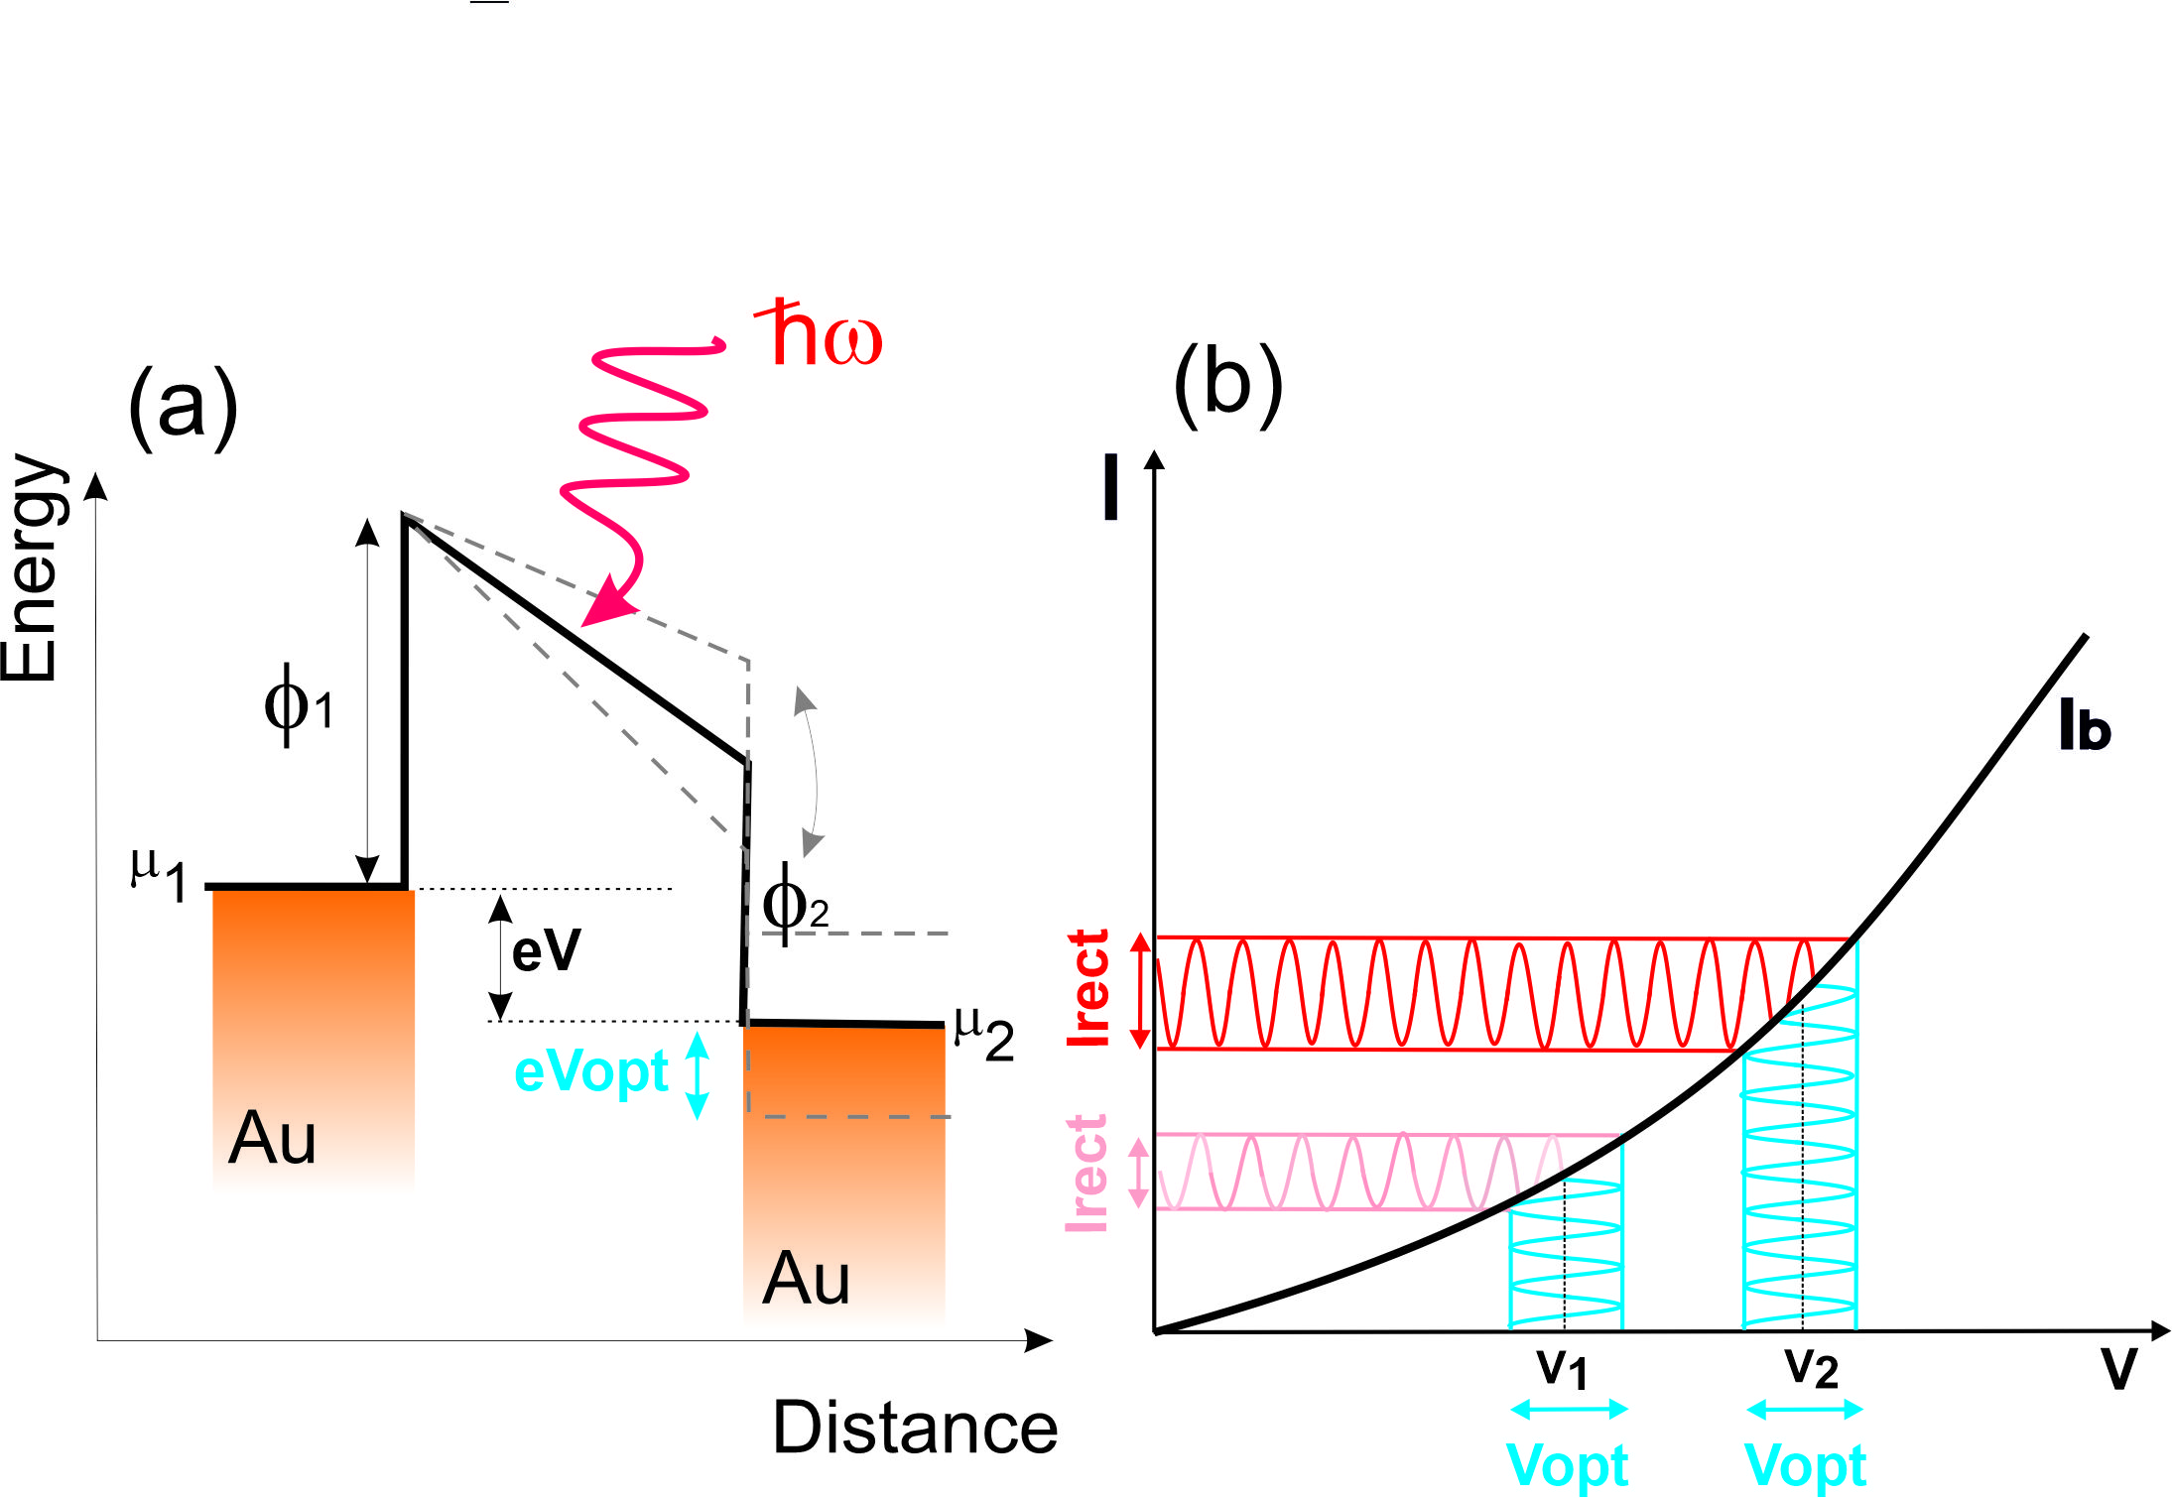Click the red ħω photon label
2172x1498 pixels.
click(820, 334)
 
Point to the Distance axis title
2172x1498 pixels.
click(915, 1428)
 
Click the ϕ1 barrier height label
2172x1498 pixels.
click(298, 705)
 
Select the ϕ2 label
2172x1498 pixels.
click(794, 904)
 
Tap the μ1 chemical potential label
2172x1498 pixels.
click(159, 874)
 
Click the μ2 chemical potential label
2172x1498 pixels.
click(983, 1033)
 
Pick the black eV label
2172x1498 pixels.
click(546, 949)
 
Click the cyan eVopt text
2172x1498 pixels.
click(591, 1072)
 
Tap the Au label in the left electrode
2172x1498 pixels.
click(272, 1138)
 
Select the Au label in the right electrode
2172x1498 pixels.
click(806, 1279)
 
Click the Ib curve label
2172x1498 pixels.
click(2084, 726)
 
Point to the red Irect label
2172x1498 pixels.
click(1088, 988)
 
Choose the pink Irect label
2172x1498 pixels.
click(1086, 1174)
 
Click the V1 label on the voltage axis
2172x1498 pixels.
click(1563, 1369)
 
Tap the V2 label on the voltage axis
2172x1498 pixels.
click(1811, 1369)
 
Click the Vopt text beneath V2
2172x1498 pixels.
click(1805, 1465)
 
